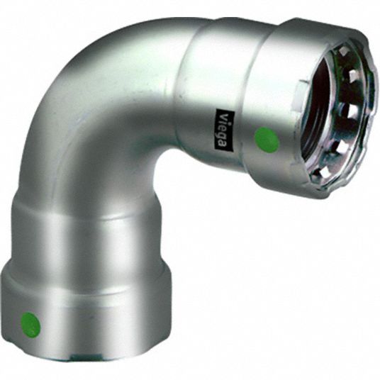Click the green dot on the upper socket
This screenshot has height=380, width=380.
point(267,140)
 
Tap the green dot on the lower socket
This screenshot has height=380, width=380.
point(30,323)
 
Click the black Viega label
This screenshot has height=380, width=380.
point(225,130)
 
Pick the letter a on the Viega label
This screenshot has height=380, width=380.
point(223,145)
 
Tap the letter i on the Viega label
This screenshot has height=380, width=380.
point(223,122)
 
